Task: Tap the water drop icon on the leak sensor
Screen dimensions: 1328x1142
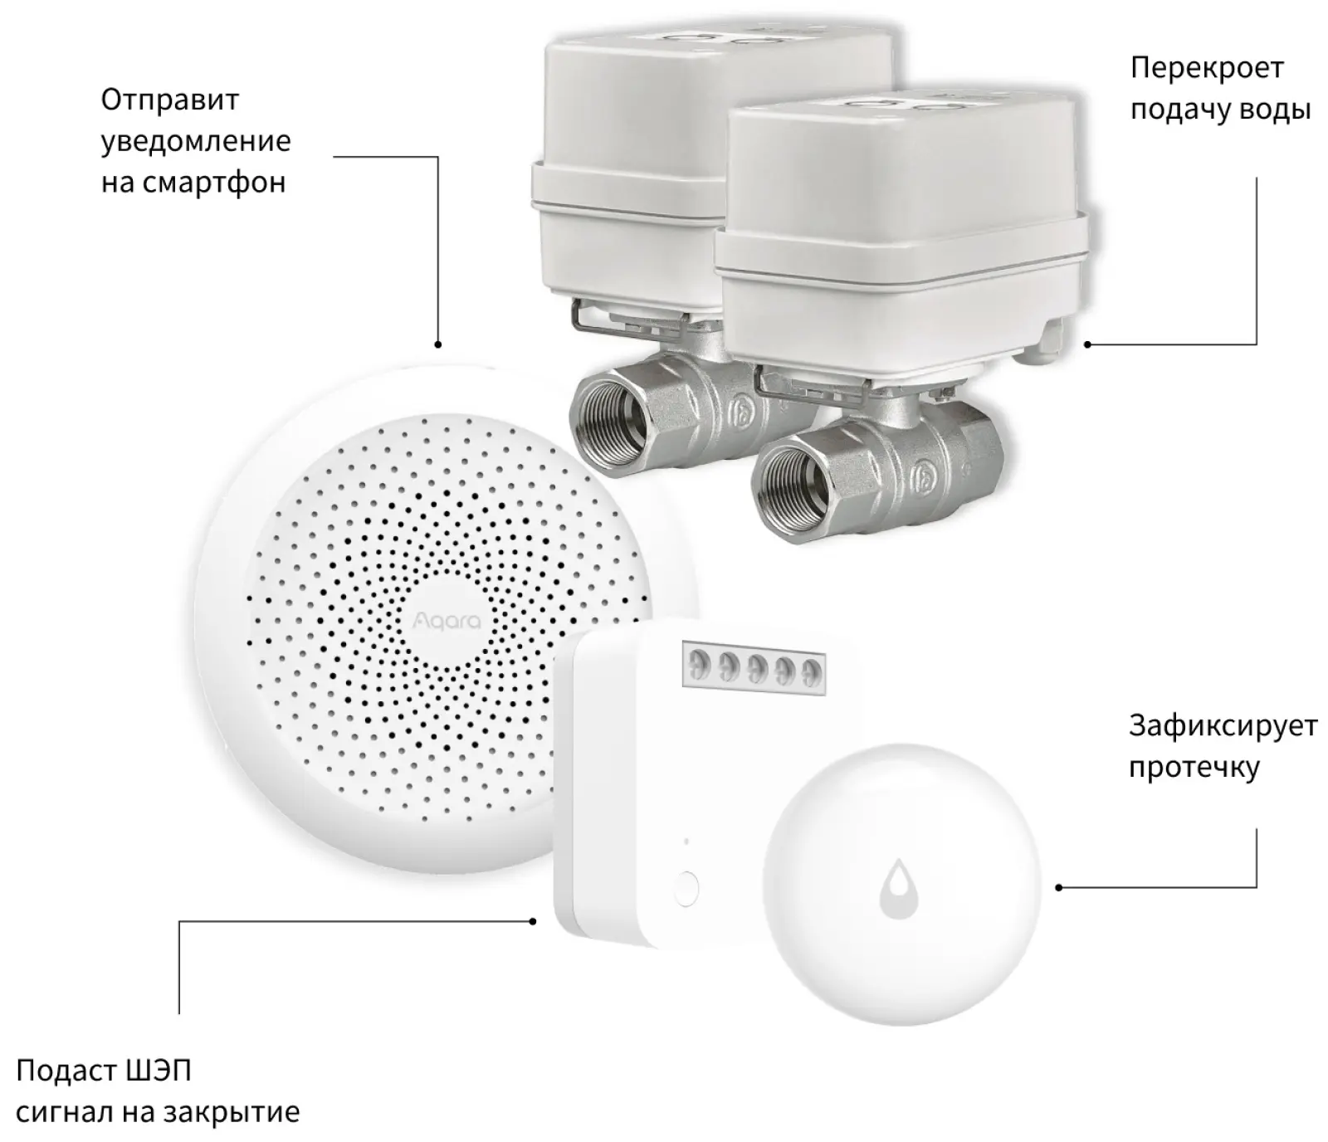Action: (x=899, y=889)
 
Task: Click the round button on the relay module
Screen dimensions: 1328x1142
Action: (x=686, y=888)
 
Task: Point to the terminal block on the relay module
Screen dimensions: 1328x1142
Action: (x=754, y=663)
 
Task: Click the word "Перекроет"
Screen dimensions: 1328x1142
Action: (x=1207, y=68)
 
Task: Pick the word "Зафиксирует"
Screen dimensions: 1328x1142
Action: (x=1223, y=726)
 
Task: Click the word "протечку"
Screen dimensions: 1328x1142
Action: (x=1194, y=767)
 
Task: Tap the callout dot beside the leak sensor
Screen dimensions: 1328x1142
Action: (x=1059, y=887)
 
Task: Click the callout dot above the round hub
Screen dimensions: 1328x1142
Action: (x=437, y=344)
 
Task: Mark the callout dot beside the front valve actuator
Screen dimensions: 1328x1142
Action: (x=1087, y=344)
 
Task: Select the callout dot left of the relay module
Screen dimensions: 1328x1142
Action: (x=534, y=920)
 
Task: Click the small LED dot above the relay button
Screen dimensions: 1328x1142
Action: (x=686, y=842)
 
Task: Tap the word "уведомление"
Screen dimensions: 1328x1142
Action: (x=196, y=141)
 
